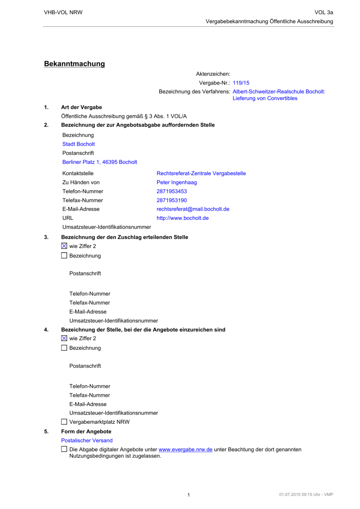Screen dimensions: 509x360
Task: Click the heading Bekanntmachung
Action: click(x=74, y=64)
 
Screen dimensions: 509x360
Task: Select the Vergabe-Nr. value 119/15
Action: click(x=241, y=83)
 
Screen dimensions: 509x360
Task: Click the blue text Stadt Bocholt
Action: click(x=78, y=144)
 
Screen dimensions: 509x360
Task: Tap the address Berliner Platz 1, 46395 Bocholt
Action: click(x=99, y=162)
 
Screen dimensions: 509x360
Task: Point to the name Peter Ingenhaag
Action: click(x=177, y=182)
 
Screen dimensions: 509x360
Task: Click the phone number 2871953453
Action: click(x=172, y=191)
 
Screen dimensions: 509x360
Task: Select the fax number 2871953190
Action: click(x=172, y=200)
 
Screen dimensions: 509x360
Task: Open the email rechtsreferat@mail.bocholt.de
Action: click(x=193, y=209)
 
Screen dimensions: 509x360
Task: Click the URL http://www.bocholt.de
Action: click(x=183, y=218)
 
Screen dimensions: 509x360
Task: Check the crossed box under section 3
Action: click(x=64, y=246)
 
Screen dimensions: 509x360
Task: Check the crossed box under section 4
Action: click(x=64, y=338)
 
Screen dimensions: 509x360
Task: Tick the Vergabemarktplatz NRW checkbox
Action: click(x=64, y=422)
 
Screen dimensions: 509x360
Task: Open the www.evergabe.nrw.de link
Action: click(x=185, y=450)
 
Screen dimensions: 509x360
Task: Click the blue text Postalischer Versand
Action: click(x=87, y=440)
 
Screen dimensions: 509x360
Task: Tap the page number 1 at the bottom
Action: click(x=188, y=495)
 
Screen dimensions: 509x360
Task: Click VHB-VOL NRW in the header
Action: click(x=63, y=12)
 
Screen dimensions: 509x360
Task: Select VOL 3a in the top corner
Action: click(x=324, y=12)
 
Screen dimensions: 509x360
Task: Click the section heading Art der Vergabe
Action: click(x=81, y=107)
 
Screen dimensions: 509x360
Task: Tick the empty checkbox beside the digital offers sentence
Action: click(x=64, y=449)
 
